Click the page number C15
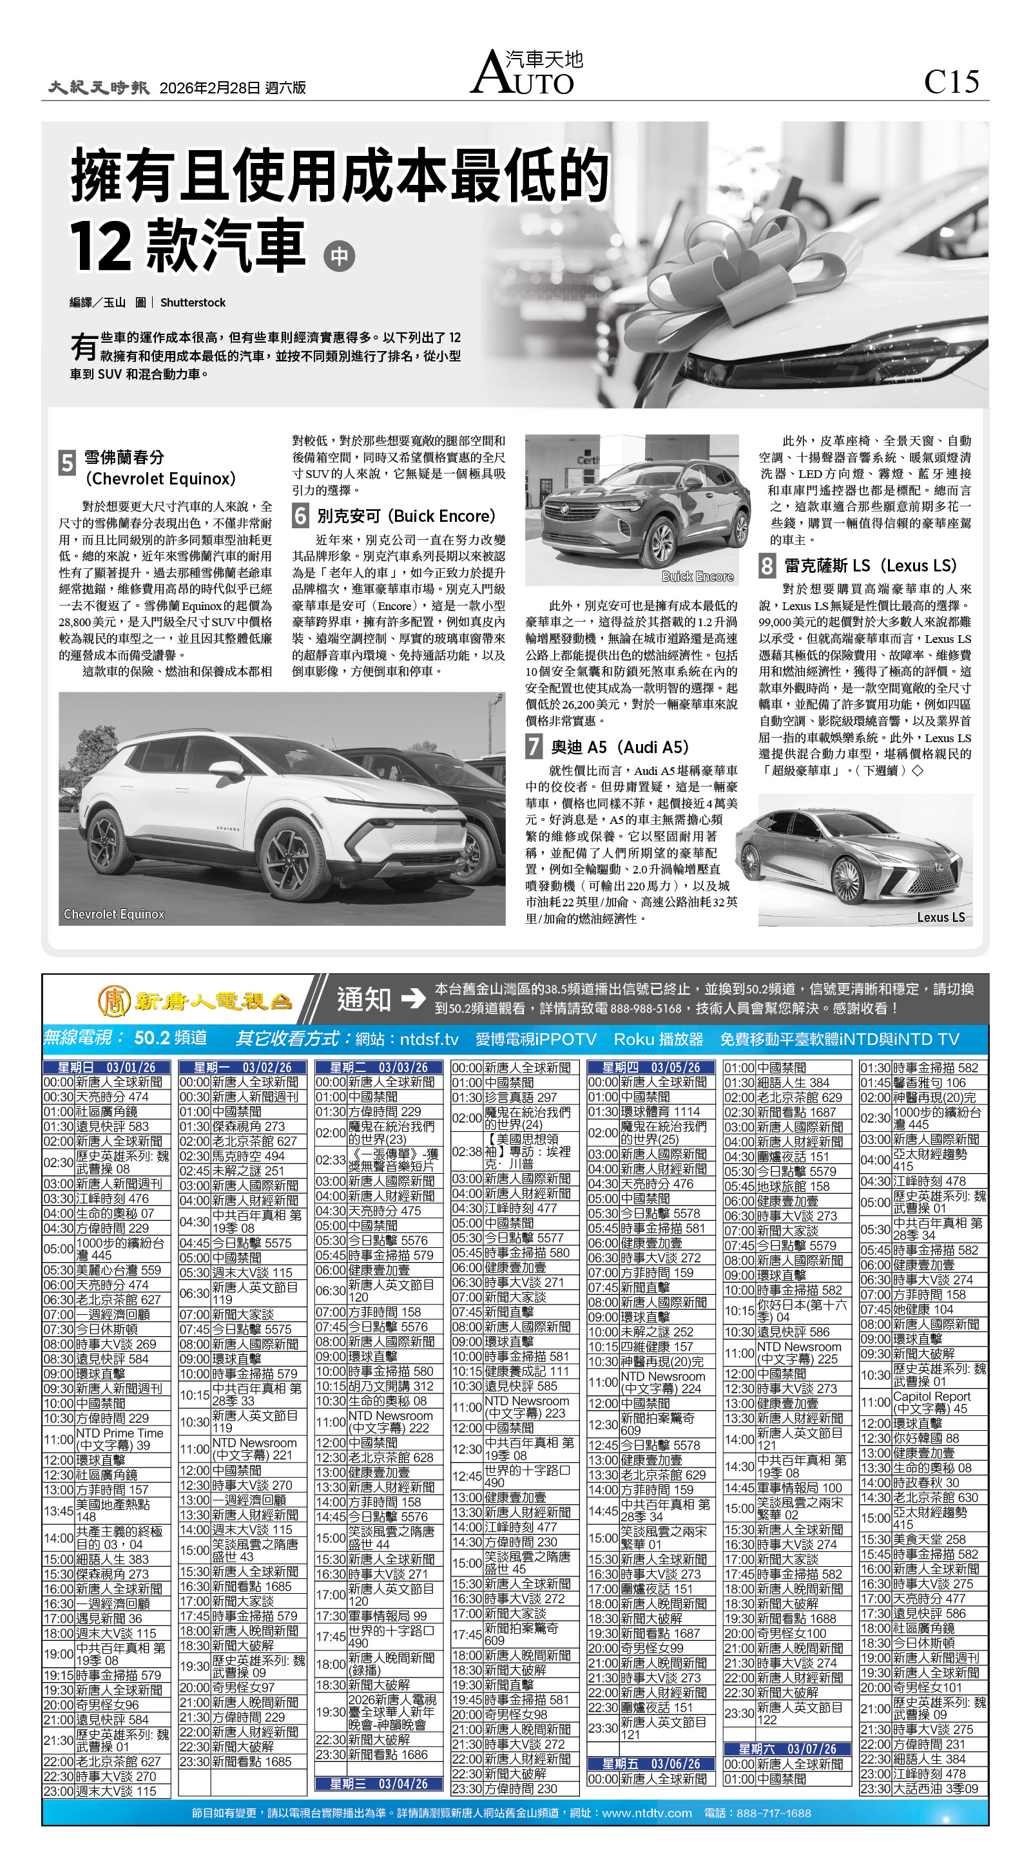pyautogui.click(x=951, y=82)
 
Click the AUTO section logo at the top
pyautogui.click(x=526, y=73)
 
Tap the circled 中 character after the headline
pyautogui.click(x=339, y=256)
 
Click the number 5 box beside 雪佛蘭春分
pyautogui.click(x=67, y=463)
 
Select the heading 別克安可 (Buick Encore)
pyautogui.click(x=406, y=516)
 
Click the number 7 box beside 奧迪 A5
pyautogui.click(x=534, y=747)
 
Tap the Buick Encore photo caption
pyautogui.click(x=697, y=576)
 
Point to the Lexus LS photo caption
pyautogui.click(x=941, y=917)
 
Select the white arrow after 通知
pyautogui.click(x=413, y=999)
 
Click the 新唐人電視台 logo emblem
pyautogui.click(x=115, y=1001)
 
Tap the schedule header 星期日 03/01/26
pyautogui.click(x=106, y=1067)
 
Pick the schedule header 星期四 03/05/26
pyautogui.click(x=651, y=1067)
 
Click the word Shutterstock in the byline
pyautogui.click(x=193, y=302)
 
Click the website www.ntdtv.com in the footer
pyautogui.click(x=646, y=1813)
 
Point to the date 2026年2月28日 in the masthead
pyautogui.click(x=210, y=88)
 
